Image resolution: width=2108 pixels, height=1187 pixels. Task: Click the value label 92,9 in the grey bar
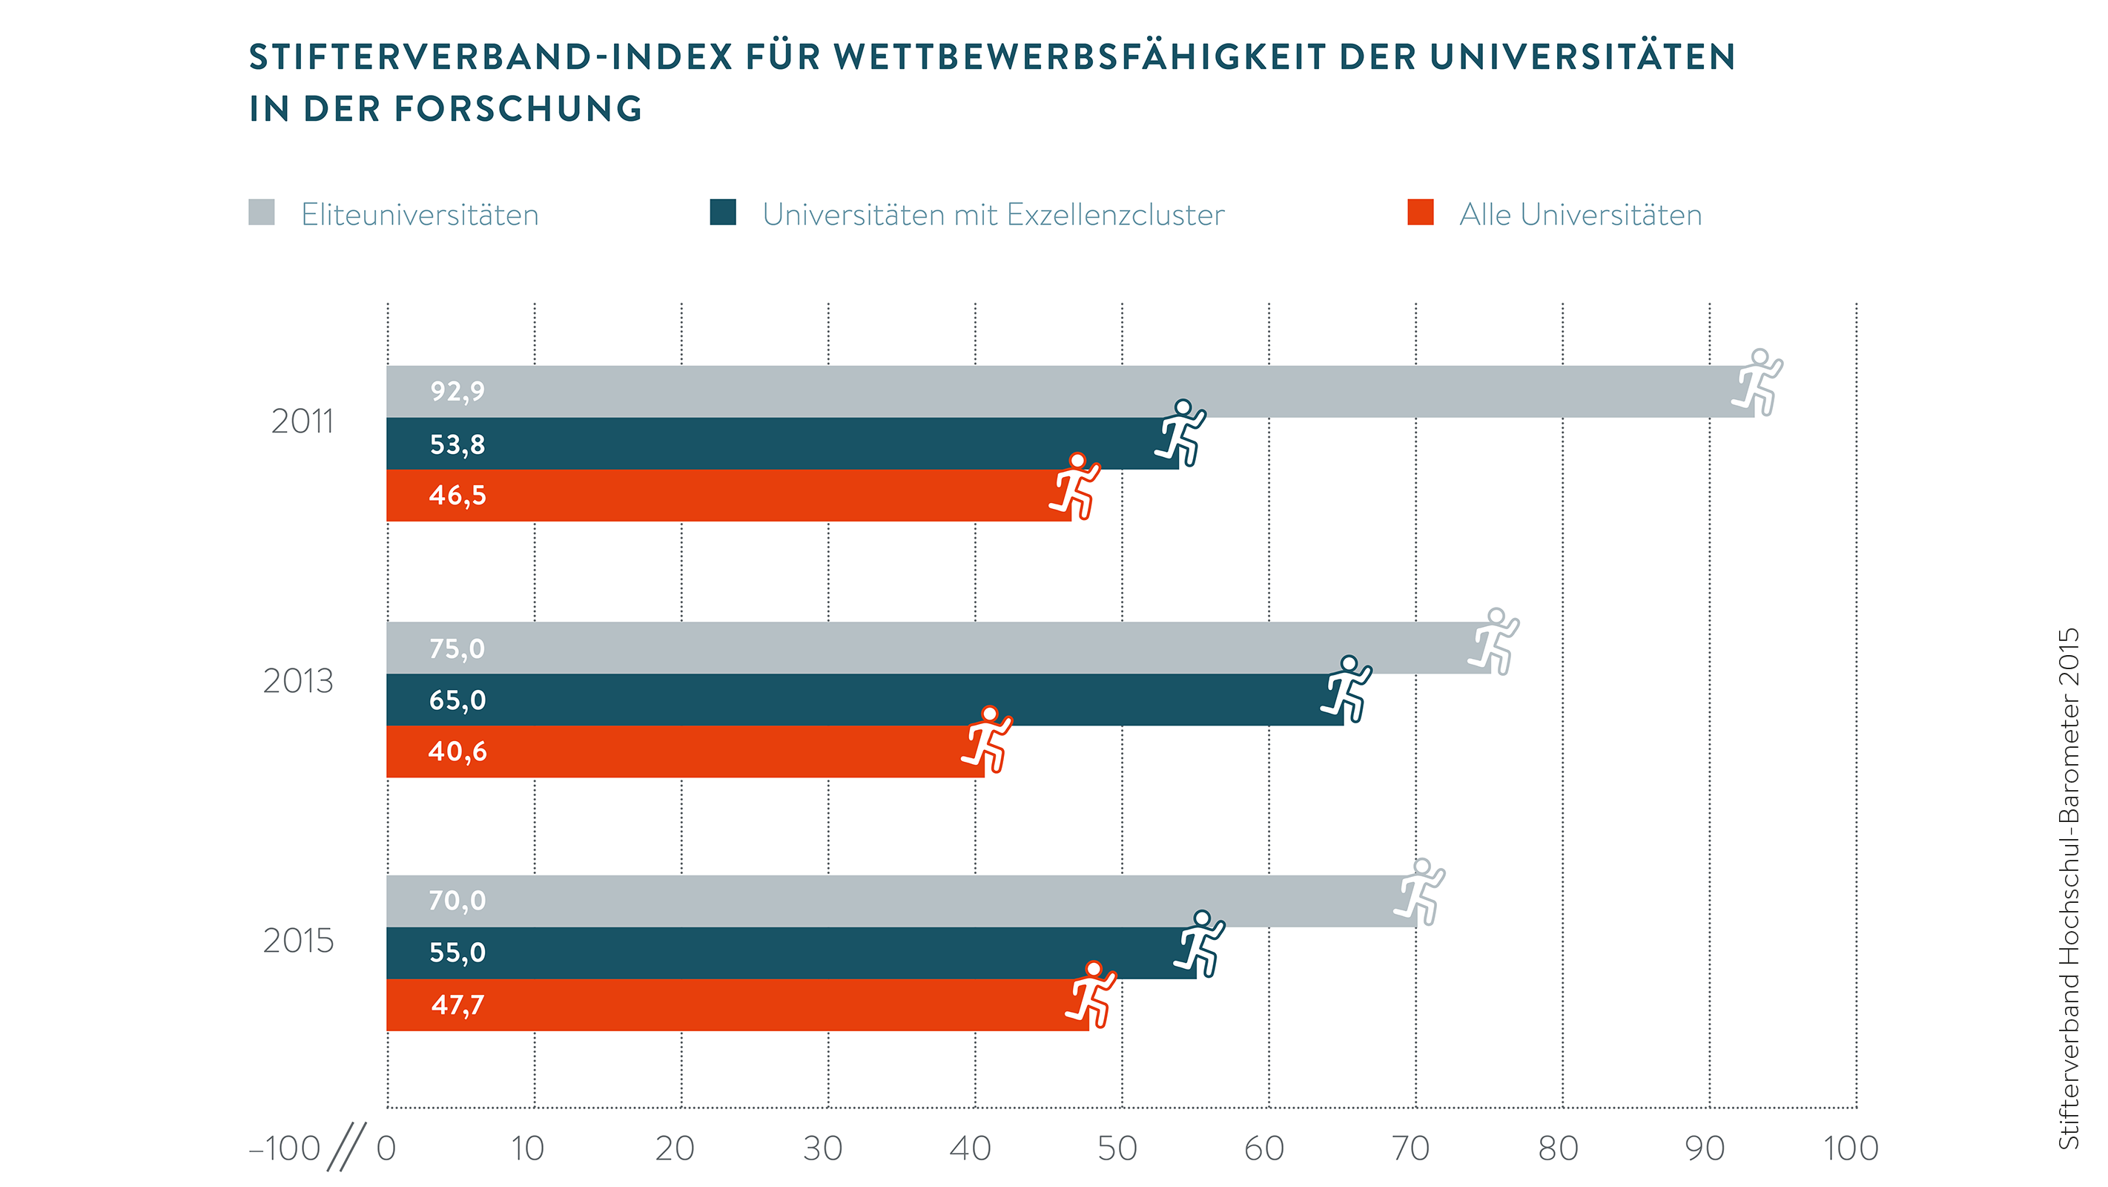(x=457, y=391)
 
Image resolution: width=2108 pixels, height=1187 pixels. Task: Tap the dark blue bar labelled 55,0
(x=790, y=953)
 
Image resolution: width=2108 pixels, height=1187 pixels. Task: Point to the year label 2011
(x=302, y=421)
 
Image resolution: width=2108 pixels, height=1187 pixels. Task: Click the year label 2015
(x=298, y=941)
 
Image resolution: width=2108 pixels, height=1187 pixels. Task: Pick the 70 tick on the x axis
(x=1411, y=1148)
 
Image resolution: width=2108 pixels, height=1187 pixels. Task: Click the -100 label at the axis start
(x=285, y=1148)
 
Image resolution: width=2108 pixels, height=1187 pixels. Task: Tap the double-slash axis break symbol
(x=346, y=1146)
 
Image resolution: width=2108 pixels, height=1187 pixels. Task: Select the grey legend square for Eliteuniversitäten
(x=262, y=212)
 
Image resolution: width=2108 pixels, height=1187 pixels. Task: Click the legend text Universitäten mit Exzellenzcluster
(x=993, y=214)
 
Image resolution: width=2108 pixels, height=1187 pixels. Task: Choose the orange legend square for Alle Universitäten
(x=1421, y=212)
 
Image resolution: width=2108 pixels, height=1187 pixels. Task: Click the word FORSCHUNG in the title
(x=518, y=109)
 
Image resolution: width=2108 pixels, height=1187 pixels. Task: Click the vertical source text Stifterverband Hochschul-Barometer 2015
(x=2068, y=888)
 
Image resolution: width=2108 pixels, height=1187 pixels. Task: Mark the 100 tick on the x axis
(x=1851, y=1148)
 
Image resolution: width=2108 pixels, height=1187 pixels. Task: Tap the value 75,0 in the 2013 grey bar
(x=457, y=648)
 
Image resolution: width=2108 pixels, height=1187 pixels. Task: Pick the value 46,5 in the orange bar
(x=457, y=496)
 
